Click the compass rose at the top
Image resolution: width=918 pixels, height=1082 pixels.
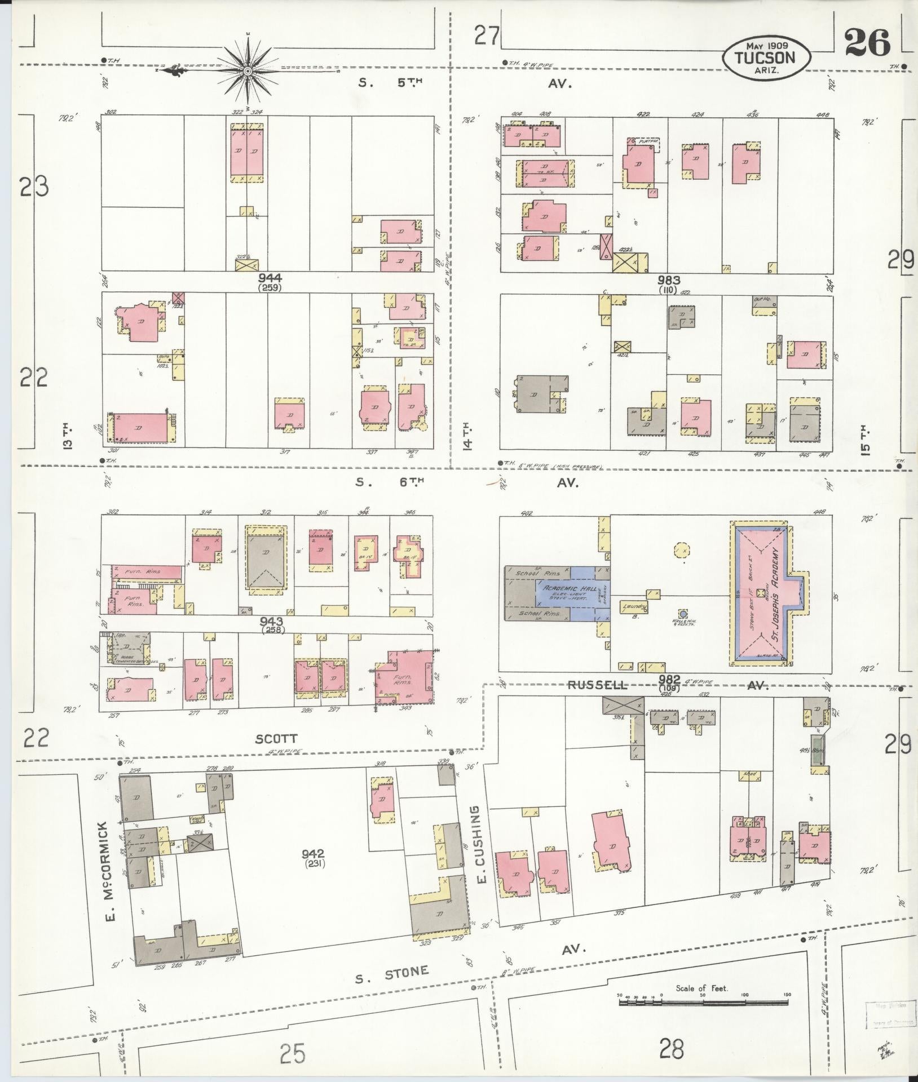(x=248, y=71)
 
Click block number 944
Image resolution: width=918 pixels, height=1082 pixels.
(x=270, y=278)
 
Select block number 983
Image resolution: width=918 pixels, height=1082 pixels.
(x=669, y=280)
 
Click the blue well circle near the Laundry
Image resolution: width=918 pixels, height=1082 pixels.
(x=683, y=614)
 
